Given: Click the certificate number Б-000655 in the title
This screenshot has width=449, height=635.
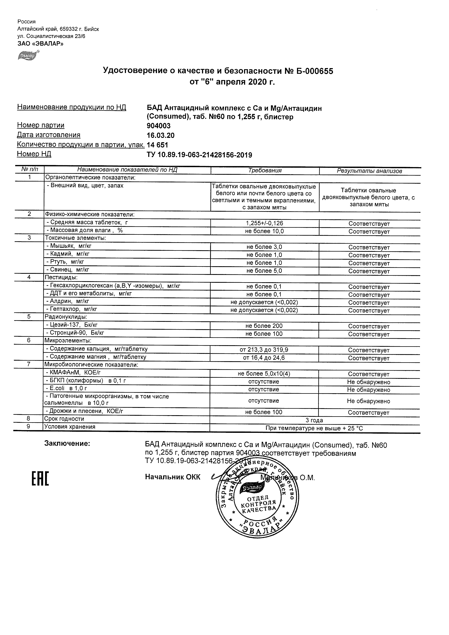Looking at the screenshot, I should [315, 71].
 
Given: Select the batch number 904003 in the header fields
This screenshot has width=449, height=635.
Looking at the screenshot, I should [159, 126].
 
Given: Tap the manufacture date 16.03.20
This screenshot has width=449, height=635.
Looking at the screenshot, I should [160, 135].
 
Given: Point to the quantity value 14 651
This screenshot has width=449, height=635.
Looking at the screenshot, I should [157, 145].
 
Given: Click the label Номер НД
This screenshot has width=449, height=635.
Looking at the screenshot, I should [34, 154].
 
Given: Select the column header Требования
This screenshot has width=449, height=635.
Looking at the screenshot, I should [265, 170].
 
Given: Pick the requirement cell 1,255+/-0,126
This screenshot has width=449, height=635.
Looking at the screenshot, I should [264, 223].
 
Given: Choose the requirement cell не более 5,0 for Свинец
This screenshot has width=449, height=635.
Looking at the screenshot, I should [264, 271].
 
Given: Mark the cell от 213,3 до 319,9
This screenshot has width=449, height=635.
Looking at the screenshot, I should [264, 350].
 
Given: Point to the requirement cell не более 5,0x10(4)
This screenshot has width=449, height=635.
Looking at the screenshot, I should [264, 374].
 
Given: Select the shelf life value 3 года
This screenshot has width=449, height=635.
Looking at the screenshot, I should [314, 420].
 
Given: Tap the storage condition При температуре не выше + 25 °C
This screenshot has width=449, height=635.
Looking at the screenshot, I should [314, 428].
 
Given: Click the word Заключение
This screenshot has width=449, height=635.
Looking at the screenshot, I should [67, 444].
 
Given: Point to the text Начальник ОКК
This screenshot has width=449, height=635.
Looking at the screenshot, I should [173, 477].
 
